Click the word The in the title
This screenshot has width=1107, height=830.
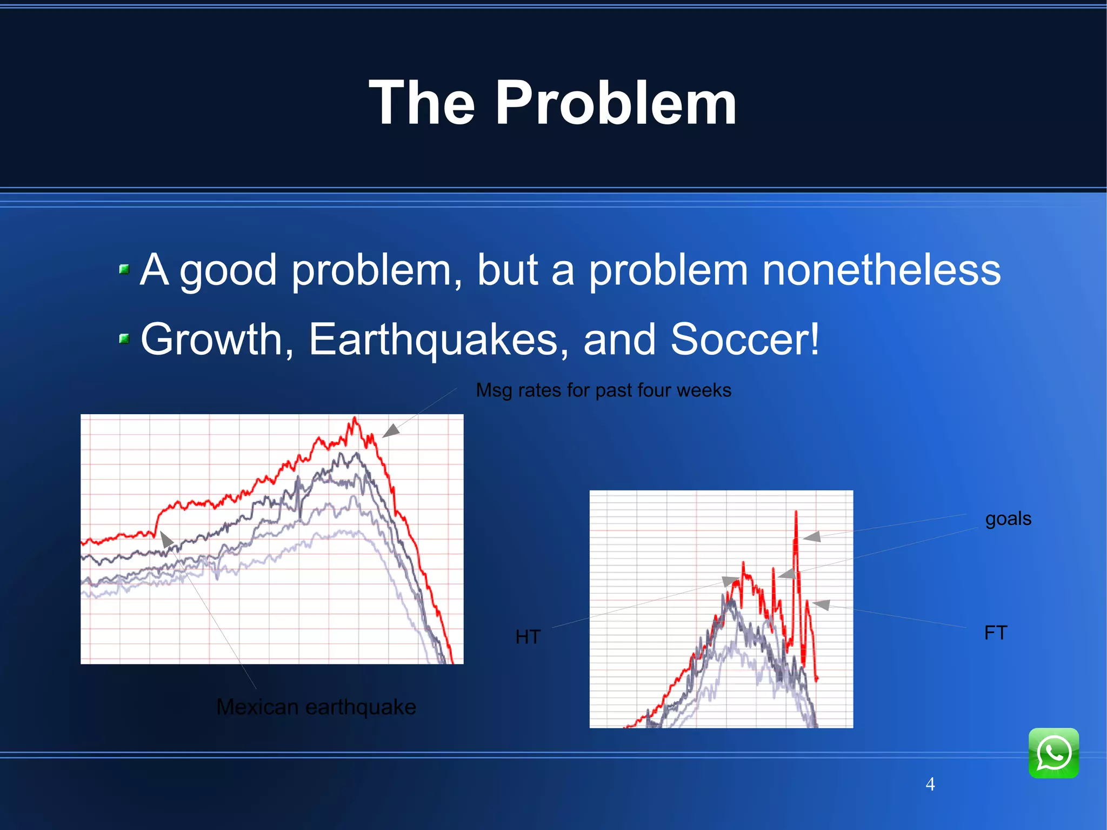tap(422, 103)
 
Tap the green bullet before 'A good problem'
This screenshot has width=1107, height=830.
tap(124, 269)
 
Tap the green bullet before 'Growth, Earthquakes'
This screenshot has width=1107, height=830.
tap(124, 339)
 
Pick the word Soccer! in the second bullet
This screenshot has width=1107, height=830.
tap(745, 339)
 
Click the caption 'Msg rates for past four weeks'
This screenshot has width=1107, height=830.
tap(603, 390)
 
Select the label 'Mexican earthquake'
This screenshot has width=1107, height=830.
tap(316, 707)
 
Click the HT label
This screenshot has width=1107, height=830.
tap(528, 636)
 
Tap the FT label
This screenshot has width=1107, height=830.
tap(996, 632)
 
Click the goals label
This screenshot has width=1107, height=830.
tap(1008, 518)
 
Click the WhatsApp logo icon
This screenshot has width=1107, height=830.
tap(1053, 753)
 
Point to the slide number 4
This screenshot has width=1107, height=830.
tap(930, 784)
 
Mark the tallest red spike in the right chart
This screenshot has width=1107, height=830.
tap(796, 512)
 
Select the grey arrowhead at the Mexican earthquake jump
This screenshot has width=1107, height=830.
tap(166, 539)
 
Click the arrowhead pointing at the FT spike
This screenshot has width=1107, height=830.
tap(821, 605)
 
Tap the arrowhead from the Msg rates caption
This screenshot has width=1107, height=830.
tap(390, 431)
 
